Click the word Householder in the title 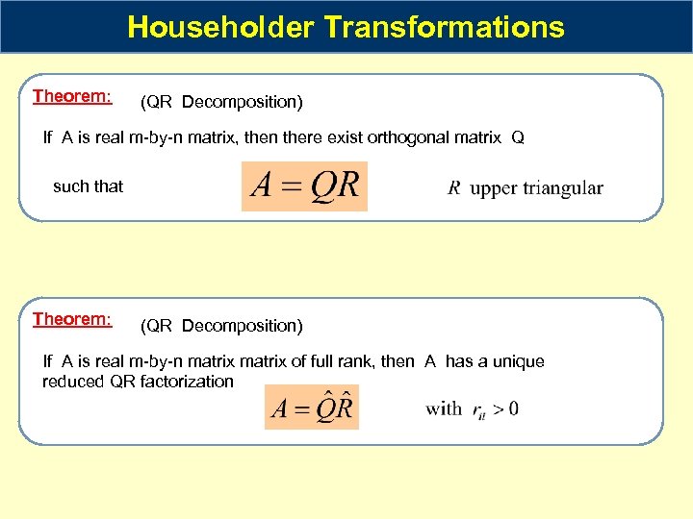221,27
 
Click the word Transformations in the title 445,27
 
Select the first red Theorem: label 72,96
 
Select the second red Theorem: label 72,319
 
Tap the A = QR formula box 304,186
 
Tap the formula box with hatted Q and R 311,408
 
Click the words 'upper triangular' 537,188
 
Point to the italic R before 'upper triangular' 454,188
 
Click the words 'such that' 88,186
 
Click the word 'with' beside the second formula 444,408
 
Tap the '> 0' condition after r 506,408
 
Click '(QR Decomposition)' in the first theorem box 221,102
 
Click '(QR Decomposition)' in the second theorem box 221,326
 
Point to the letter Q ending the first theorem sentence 518,137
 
